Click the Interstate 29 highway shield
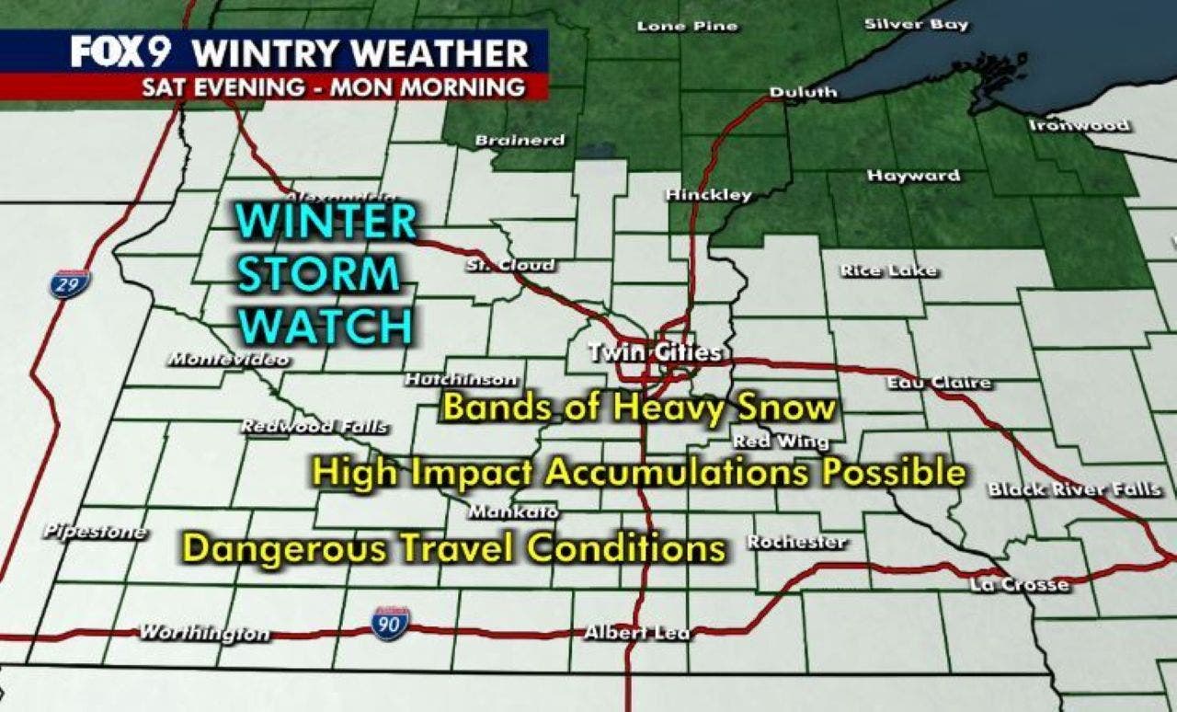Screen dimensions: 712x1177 coord(70,284)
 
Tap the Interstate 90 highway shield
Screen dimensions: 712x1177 coord(390,623)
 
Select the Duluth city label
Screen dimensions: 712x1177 coord(803,92)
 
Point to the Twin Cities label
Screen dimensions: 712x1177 coord(654,352)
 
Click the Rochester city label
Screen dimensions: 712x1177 coord(796,542)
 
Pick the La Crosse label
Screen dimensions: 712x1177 coord(1020,584)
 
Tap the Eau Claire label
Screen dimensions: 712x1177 coord(939,382)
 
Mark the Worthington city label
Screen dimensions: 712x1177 coord(204,633)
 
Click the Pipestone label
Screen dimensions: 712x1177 coord(95,532)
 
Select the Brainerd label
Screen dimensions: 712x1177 coord(520,141)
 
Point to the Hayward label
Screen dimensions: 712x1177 coord(913,175)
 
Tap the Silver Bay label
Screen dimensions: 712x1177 coord(916,25)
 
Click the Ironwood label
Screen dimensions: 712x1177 coord(1078,124)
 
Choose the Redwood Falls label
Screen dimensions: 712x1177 coord(314,427)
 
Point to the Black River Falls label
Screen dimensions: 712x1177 coord(1074,489)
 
